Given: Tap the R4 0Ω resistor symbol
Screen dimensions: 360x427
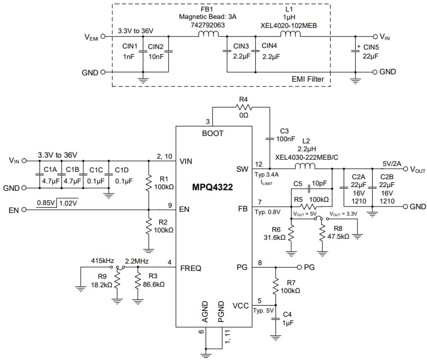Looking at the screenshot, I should tap(244, 107).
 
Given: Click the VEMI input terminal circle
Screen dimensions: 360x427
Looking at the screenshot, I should tap(103, 37).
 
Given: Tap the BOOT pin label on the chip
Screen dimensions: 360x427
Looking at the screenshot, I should tap(213, 134).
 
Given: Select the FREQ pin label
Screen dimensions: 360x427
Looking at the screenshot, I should tap(191, 268).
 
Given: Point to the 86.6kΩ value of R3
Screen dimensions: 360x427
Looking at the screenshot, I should tap(153, 284).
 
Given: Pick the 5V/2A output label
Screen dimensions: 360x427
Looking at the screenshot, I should tap(389, 163).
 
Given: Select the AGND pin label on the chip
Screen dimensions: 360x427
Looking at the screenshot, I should tap(206, 312).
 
